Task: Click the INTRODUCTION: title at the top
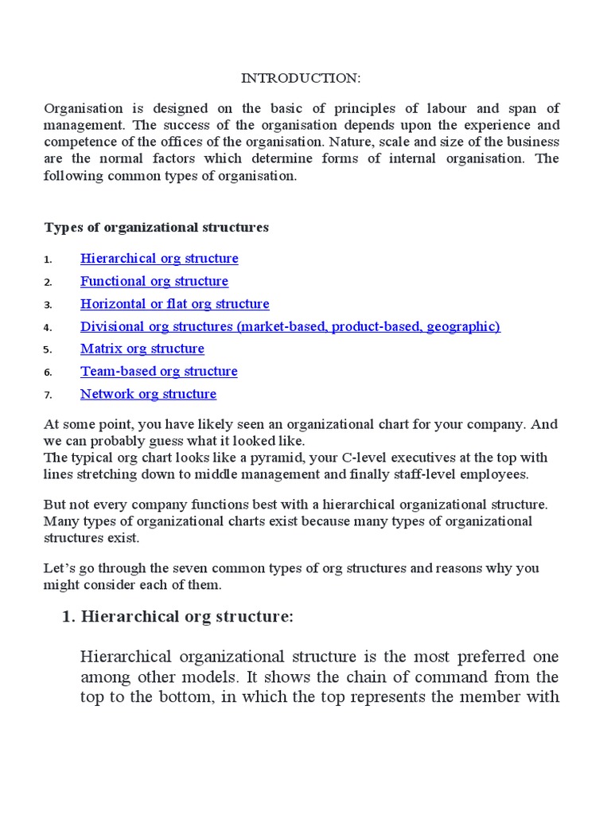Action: [301, 79]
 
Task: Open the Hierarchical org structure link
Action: [159, 259]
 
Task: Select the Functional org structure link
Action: [154, 281]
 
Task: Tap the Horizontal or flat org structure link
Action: [174, 304]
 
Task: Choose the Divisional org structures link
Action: [290, 326]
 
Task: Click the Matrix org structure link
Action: [142, 349]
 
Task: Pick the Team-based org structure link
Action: [158, 372]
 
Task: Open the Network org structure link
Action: [148, 394]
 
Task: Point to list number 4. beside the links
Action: [48, 327]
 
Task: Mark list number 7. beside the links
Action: [48, 395]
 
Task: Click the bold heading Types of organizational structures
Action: [156, 228]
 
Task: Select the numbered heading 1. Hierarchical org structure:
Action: [177, 618]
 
